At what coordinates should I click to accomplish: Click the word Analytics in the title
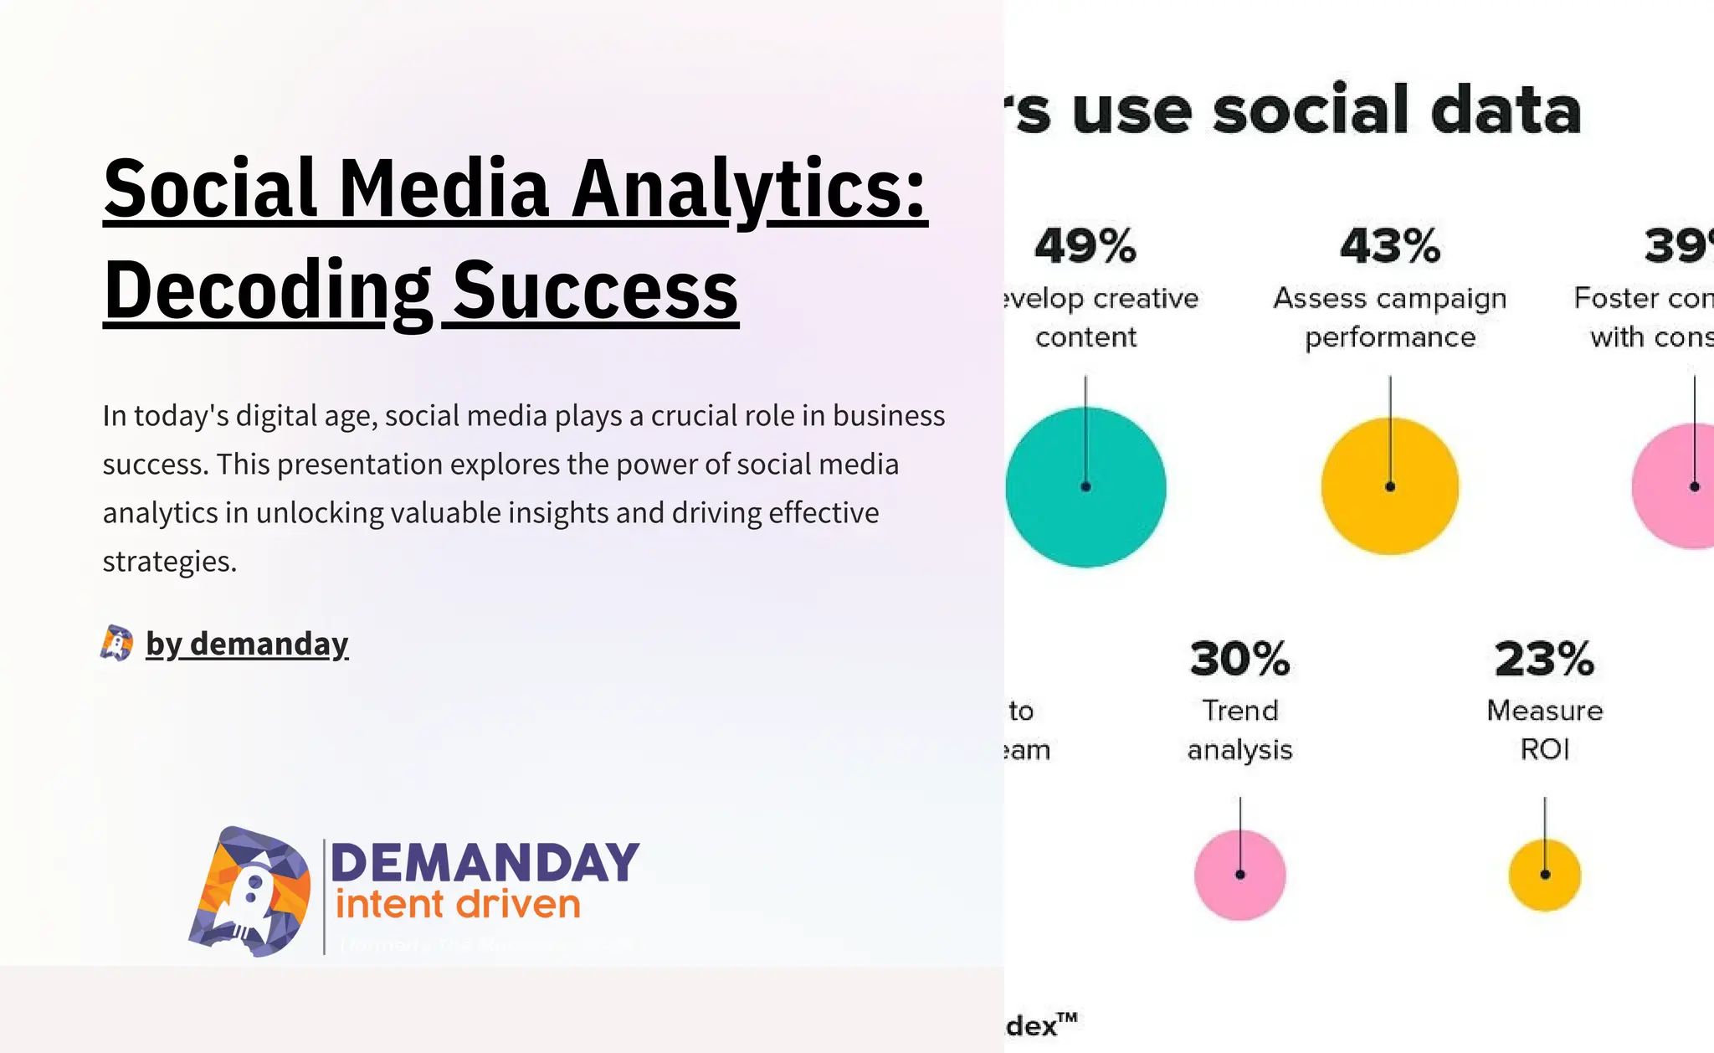click(749, 189)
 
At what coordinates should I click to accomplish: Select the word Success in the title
click(595, 290)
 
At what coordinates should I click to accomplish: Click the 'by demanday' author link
click(247, 644)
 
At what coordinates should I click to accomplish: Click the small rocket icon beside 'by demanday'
click(116, 644)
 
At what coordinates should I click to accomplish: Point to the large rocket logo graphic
click(249, 892)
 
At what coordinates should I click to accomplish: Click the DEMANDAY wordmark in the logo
click(485, 863)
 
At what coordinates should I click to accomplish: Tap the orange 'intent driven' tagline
click(458, 905)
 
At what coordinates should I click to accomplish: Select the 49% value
click(1085, 246)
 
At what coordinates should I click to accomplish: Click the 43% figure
click(1390, 246)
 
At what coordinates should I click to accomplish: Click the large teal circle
click(1085, 487)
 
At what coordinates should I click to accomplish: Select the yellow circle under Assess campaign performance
click(1390, 486)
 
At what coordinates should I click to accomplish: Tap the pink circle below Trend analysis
click(1239, 875)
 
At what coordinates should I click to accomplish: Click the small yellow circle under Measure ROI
click(1544, 875)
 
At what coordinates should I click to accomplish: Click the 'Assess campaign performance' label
click(1390, 317)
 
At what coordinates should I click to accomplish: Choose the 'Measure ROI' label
click(1544, 729)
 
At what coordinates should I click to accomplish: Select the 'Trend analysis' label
click(1239, 730)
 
